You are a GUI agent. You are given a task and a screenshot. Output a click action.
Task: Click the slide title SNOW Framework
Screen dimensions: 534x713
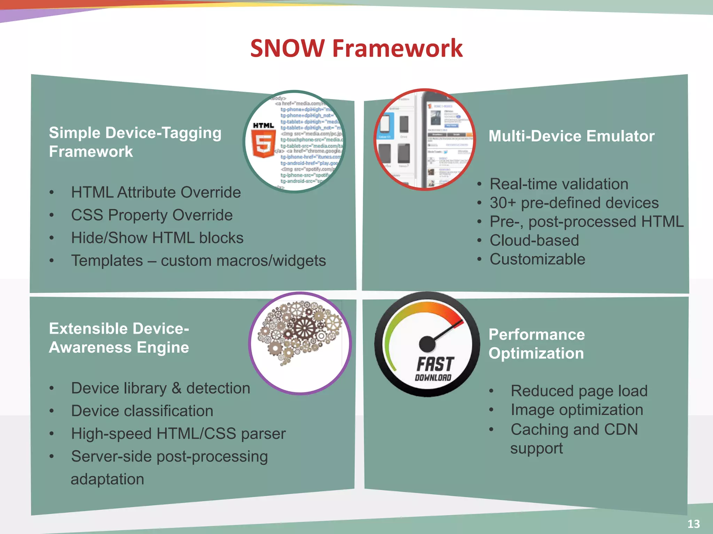356,48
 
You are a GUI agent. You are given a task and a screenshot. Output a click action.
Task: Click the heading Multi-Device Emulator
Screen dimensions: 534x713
571,136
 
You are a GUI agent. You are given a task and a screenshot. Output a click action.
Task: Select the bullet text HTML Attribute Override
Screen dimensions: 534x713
156,192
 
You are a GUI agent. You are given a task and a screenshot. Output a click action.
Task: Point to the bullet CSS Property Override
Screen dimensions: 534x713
152,215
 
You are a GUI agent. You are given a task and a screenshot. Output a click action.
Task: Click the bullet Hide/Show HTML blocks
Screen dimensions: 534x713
157,238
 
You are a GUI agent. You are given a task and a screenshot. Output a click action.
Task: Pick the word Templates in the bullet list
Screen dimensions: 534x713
107,261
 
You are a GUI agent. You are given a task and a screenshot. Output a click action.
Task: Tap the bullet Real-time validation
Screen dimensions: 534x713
559,184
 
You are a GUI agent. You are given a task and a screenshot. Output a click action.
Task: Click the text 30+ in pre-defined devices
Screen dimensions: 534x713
503,203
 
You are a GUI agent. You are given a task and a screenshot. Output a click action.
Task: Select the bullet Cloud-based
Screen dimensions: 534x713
534,241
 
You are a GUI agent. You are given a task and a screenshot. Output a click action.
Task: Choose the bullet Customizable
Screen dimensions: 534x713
537,259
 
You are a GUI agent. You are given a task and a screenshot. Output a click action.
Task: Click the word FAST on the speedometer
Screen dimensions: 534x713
435,364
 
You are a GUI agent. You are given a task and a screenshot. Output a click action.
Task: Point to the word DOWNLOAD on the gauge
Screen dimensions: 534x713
433,378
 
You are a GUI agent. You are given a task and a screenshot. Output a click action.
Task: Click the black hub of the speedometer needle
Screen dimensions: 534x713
427,344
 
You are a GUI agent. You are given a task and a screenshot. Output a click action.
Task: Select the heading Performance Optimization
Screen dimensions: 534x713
536,344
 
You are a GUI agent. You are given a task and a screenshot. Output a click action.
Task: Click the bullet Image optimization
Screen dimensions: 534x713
577,410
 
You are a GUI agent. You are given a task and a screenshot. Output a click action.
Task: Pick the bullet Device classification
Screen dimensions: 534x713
142,411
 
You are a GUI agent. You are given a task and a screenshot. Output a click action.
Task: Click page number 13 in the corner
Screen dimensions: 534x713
694,524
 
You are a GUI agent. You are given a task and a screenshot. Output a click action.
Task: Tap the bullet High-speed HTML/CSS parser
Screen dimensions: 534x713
178,434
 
